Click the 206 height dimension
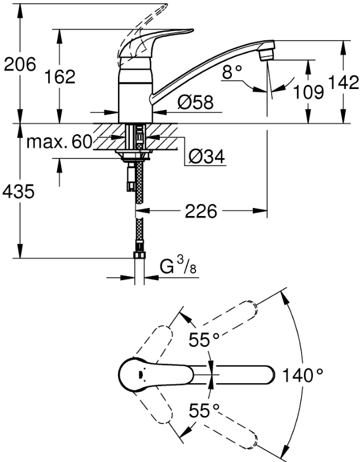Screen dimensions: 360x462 20,64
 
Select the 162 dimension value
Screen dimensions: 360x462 60,77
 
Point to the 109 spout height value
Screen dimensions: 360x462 309,92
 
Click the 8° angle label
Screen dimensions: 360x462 232,72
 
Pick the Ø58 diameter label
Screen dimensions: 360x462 196,102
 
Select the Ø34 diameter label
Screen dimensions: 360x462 206,156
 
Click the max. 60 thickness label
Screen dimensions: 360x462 59,142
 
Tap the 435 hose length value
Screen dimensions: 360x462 18,192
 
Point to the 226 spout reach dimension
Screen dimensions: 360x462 201,211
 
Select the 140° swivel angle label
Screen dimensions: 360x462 303,375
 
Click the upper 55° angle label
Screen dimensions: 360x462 204,340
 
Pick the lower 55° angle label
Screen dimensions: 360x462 204,411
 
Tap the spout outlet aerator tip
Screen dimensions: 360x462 267,55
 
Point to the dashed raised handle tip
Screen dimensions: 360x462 163,7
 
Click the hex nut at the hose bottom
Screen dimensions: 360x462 139,255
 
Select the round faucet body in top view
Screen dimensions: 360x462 138,375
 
